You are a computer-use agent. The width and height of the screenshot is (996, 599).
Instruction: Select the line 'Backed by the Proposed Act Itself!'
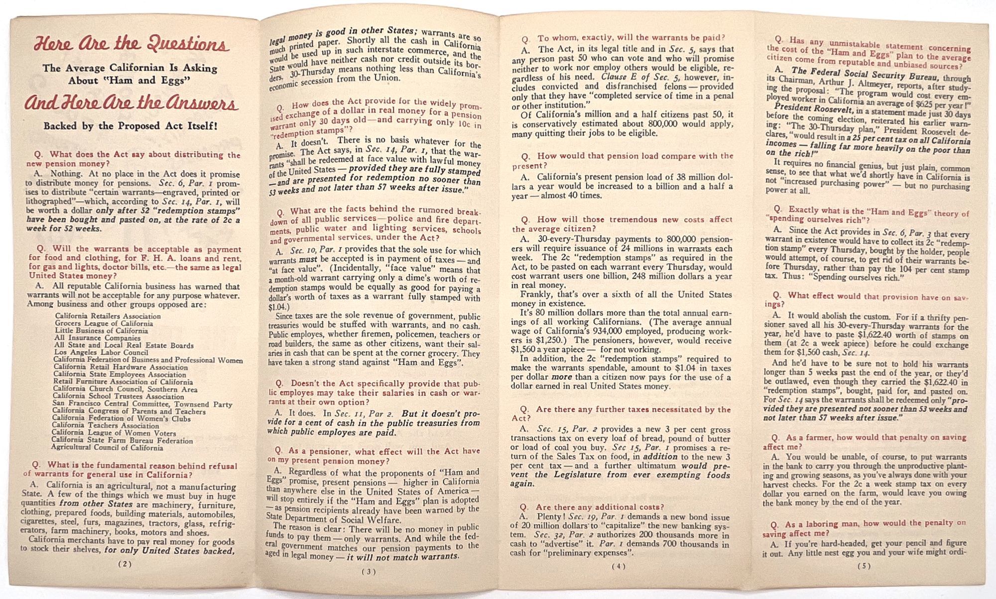130,126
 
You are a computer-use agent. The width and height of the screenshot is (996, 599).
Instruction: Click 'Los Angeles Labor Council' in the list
101,353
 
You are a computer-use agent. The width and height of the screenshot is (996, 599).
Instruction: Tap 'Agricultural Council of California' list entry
107,448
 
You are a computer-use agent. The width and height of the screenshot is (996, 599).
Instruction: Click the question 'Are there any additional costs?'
600,507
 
